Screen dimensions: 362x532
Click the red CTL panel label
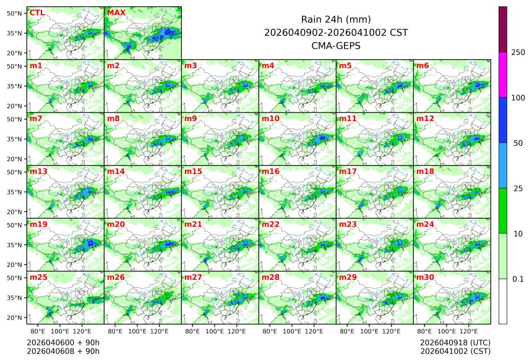pyautogui.click(x=37, y=12)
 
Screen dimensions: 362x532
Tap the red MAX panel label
pyautogui.click(x=116, y=12)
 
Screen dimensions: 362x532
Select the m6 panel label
pyautogui.click(x=423, y=65)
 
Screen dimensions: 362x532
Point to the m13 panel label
pyautogui.click(x=38, y=171)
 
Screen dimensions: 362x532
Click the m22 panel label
pyautogui.click(x=270, y=224)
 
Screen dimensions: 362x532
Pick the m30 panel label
pyautogui.click(x=424, y=277)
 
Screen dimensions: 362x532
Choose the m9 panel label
pyautogui.click(x=191, y=118)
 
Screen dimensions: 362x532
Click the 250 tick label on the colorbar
pyautogui.click(x=518, y=53)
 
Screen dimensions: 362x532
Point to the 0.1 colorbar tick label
pyautogui.click(x=518, y=279)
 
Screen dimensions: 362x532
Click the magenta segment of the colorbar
pyautogui.click(x=503, y=74)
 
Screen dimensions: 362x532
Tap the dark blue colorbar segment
pyautogui.click(x=503, y=120)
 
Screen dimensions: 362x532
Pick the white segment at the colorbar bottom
pyautogui.click(x=503, y=301)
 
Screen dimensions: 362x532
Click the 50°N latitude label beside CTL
pyautogui.click(x=15, y=13)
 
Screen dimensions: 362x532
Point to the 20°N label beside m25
pyautogui.click(x=15, y=318)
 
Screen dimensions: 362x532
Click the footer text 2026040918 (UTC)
pyautogui.click(x=455, y=342)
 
